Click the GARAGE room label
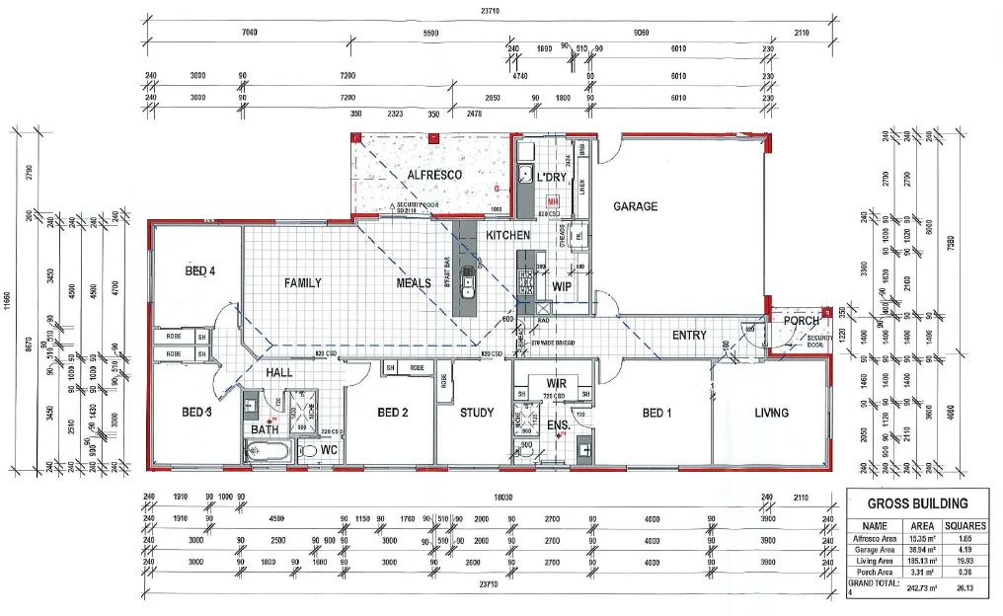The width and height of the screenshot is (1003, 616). (636, 206)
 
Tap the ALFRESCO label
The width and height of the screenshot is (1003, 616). (434, 175)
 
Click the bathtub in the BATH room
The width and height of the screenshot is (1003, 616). (268, 452)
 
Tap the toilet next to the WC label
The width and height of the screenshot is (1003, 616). (309, 451)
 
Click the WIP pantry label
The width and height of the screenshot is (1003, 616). (562, 286)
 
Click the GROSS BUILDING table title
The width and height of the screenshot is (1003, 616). (918, 503)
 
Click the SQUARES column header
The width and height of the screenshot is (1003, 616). (964, 525)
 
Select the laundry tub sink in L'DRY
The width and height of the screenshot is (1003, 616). (526, 177)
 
